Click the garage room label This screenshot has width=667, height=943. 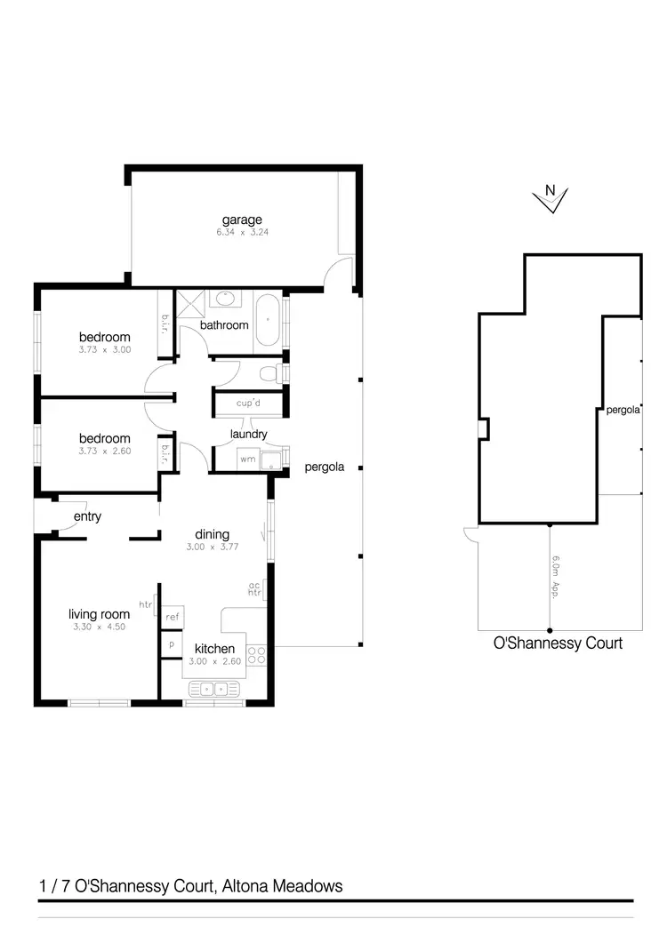point(242,220)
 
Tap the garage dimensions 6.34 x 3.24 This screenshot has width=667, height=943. point(242,232)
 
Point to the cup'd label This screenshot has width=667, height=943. point(247,404)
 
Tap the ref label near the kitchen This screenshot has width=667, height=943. point(172,616)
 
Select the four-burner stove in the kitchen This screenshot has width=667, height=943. point(256,656)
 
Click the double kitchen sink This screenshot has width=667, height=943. point(213,688)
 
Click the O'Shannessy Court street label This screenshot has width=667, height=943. point(558,643)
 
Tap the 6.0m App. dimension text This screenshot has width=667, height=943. point(555,578)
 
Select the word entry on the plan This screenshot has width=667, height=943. point(87,516)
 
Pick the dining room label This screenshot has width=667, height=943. point(213,534)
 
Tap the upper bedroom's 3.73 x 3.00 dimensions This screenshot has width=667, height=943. point(104,349)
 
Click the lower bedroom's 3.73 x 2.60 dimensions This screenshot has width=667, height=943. point(104,451)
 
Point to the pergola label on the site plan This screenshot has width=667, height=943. point(623,412)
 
